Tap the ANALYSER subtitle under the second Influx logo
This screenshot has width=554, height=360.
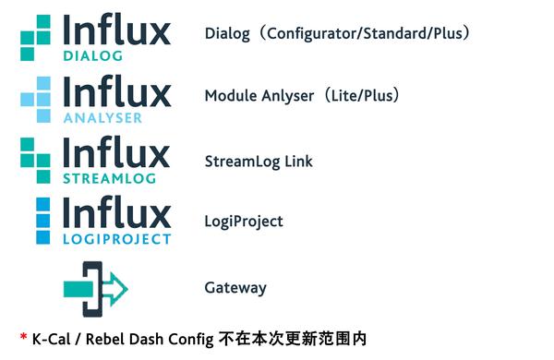(x=102, y=117)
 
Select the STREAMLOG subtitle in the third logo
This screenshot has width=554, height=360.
(x=109, y=178)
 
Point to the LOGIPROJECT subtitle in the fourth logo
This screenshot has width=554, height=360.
(x=116, y=239)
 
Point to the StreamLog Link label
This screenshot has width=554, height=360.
(x=259, y=162)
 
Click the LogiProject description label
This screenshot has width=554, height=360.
(x=244, y=222)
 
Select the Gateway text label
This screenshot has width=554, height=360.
(x=235, y=288)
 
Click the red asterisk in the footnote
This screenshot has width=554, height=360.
(x=23, y=338)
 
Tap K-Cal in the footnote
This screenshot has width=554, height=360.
(x=54, y=339)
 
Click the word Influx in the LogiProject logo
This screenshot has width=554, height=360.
(x=116, y=213)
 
